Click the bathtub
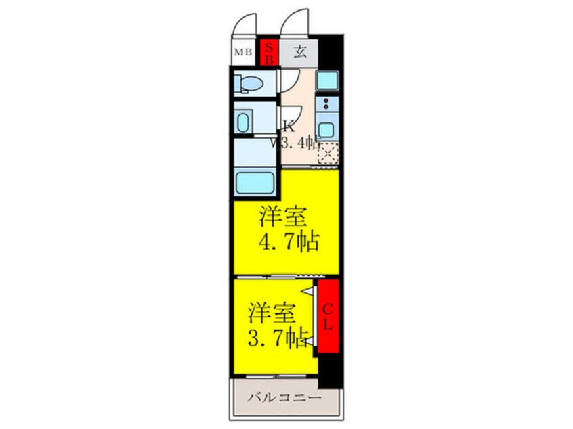pos(253,183)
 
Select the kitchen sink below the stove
pos(326,129)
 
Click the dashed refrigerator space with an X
pos(328,154)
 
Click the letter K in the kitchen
pos(288,125)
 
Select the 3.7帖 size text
pos(278,336)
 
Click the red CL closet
pos(326,317)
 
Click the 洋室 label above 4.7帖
pos(283,218)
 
